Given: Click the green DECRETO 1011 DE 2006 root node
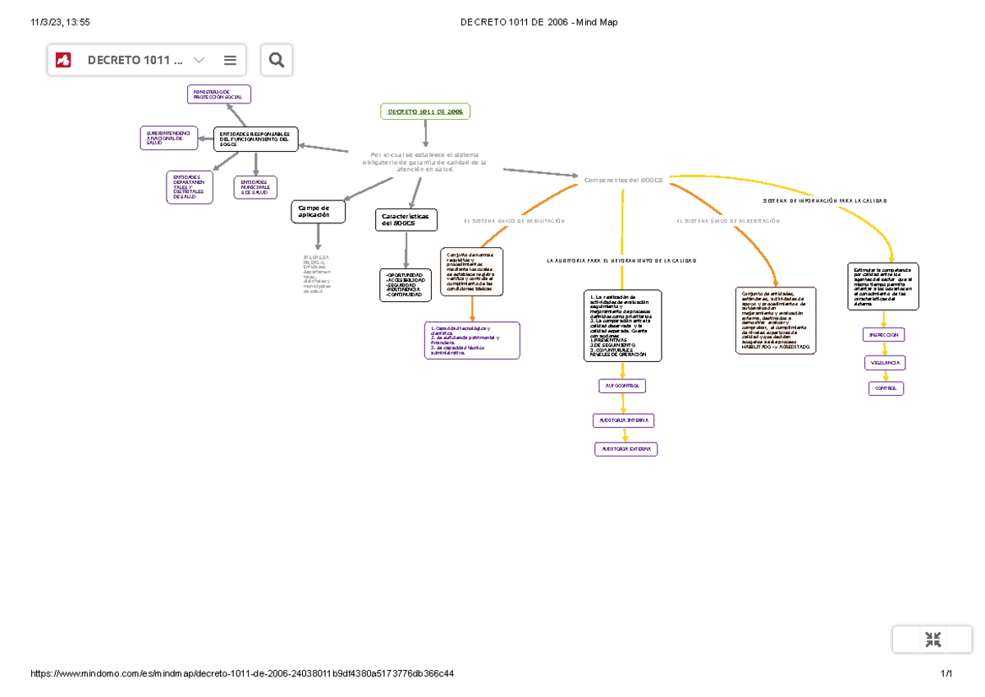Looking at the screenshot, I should coord(425,112).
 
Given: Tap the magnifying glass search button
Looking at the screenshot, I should coord(276,60).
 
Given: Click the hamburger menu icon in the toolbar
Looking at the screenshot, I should coord(230,60).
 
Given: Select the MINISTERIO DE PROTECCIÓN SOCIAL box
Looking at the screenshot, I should coord(218,94).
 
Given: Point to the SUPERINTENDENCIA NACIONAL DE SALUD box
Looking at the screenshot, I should coord(168,138).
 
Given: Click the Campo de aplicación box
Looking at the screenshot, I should coord(318,212).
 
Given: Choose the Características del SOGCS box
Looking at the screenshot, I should coord(406,220).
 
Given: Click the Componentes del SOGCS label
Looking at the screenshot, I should coord(623,179).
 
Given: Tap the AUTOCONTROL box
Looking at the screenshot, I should coord(623,385).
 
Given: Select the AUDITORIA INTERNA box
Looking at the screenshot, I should coord(623,420).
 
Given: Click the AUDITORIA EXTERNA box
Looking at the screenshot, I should coord(625,449).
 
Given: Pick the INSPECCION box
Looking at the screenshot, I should coord(884,335).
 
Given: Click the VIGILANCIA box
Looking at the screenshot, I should coord(884,362).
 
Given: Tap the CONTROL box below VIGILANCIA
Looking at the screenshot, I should coord(886,388).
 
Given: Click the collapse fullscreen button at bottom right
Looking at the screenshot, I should coord(932,640).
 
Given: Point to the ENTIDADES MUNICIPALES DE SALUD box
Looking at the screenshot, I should coord(255,188).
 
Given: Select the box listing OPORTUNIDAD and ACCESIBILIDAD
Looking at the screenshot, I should coord(405,285).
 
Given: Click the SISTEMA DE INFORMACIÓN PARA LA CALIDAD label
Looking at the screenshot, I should coord(825,200).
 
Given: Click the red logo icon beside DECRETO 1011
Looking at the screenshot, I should coord(63,60).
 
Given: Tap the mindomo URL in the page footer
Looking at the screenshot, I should coord(242,674).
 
